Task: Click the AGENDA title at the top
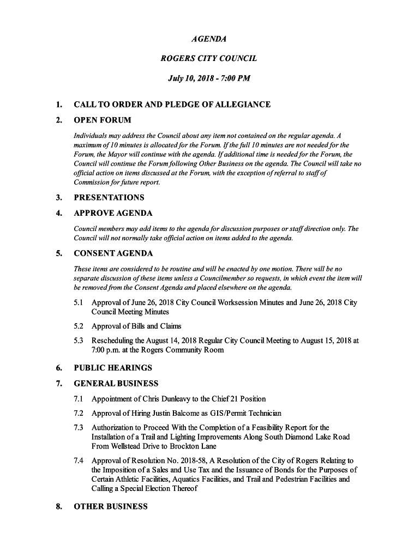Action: [x=209, y=39]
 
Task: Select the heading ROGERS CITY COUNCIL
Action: [x=209, y=58]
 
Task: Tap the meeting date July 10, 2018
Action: [x=188, y=78]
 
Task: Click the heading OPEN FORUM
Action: [x=103, y=120]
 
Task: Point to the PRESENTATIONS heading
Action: [x=109, y=197]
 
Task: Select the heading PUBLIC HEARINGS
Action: [x=113, y=368]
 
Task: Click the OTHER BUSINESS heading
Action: [x=111, y=506]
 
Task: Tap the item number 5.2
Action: [x=79, y=326]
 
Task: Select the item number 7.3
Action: [x=79, y=428]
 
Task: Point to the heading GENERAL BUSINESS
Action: [x=116, y=384]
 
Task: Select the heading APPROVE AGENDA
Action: [x=113, y=213]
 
